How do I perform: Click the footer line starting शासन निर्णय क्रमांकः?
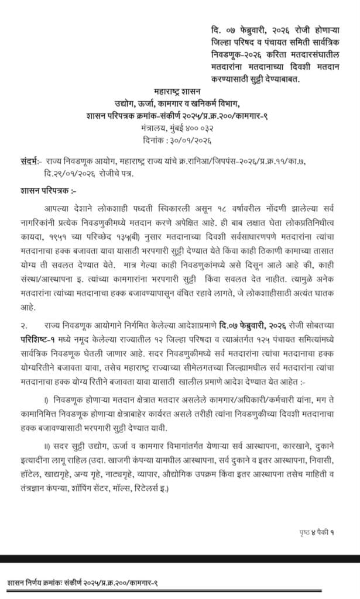pyautogui.click(x=82, y=583)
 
